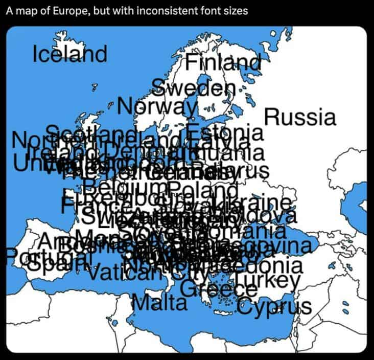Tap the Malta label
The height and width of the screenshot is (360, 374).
(159, 303)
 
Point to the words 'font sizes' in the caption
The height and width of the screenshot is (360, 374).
(227, 11)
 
